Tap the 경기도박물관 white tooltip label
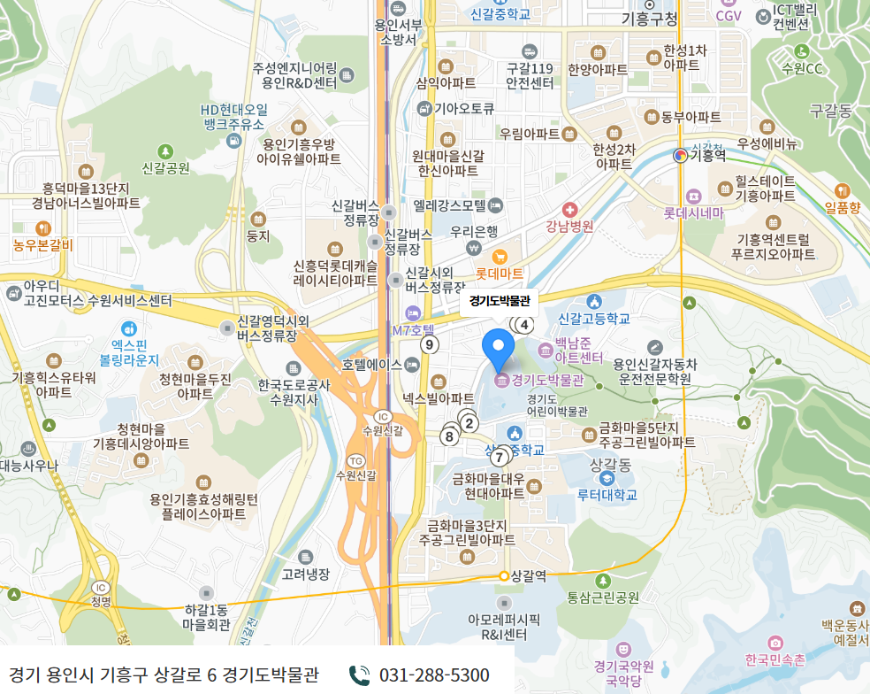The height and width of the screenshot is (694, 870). click(x=499, y=301)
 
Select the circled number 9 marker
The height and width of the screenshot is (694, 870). click(x=430, y=344)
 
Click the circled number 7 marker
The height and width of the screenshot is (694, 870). click(x=500, y=457)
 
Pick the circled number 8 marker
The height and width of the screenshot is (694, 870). click(x=450, y=436)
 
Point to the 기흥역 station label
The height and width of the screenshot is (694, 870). click(x=706, y=155)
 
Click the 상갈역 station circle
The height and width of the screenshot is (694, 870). click(x=504, y=575)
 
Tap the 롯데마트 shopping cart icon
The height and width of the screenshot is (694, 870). click(x=500, y=257)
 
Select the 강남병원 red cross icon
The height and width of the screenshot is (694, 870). click(x=569, y=211)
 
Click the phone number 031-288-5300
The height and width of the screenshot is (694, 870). click(x=434, y=675)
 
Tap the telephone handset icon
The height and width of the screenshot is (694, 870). click(x=359, y=675)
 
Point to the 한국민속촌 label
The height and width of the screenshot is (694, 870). click(x=775, y=659)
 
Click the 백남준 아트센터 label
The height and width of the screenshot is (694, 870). click(x=578, y=350)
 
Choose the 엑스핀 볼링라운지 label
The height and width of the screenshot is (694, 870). click(x=129, y=352)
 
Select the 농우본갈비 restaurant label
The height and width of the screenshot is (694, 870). click(x=43, y=245)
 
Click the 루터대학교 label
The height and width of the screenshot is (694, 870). click(x=607, y=495)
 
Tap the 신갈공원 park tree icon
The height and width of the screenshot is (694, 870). click(x=165, y=151)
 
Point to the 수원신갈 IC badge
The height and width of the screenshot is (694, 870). click(x=382, y=417)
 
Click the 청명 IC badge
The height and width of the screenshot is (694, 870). click(x=101, y=587)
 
